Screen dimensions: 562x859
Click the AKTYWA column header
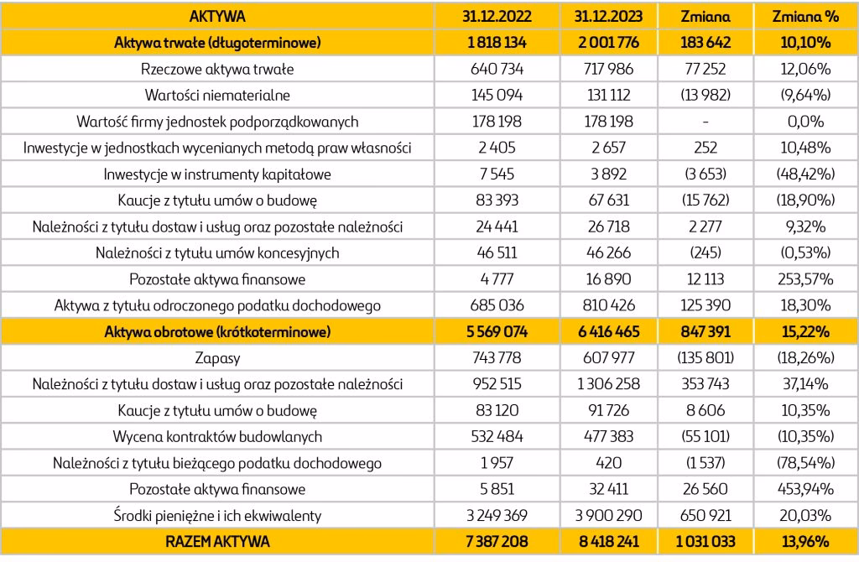[x=217, y=15]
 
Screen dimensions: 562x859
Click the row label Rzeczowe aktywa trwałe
[x=217, y=68]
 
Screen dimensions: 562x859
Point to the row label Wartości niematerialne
[x=217, y=95]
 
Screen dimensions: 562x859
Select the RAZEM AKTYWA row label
[x=217, y=542]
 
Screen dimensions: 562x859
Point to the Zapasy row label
[x=217, y=358]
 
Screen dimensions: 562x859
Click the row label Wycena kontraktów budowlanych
[x=217, y=437]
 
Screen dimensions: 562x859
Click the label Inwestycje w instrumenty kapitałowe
[x=217, y=174]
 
